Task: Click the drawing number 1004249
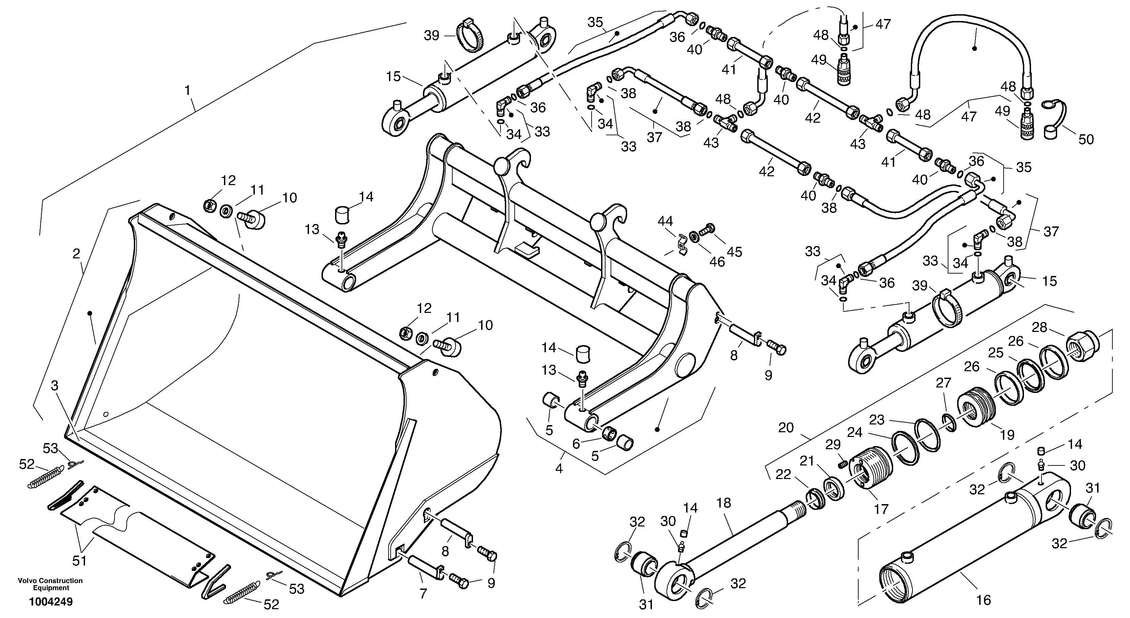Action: pyautogui.click(x=51, y=601)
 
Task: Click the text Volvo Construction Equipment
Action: pyautogui.click(x=50, y=584)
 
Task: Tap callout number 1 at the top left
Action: pyautogui.click(x=188, y=91)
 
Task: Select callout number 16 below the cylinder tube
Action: pyautogui.click(x=984, y=600)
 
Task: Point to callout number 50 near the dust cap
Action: pyautogui.click(x=1086, y=140)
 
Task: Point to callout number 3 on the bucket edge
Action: pyautogui.click(x=55, y=386)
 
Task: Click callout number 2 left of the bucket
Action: pyautogui.click(x=76, y=253)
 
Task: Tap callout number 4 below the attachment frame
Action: pyautogui.click(x=559, y=469)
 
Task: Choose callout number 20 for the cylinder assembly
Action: pyautogui.click(x=786, y=427)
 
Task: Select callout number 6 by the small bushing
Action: pyautogui.click(x=576, y=444)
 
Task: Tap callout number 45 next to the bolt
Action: pyautogui.click(x=734, y=252)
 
